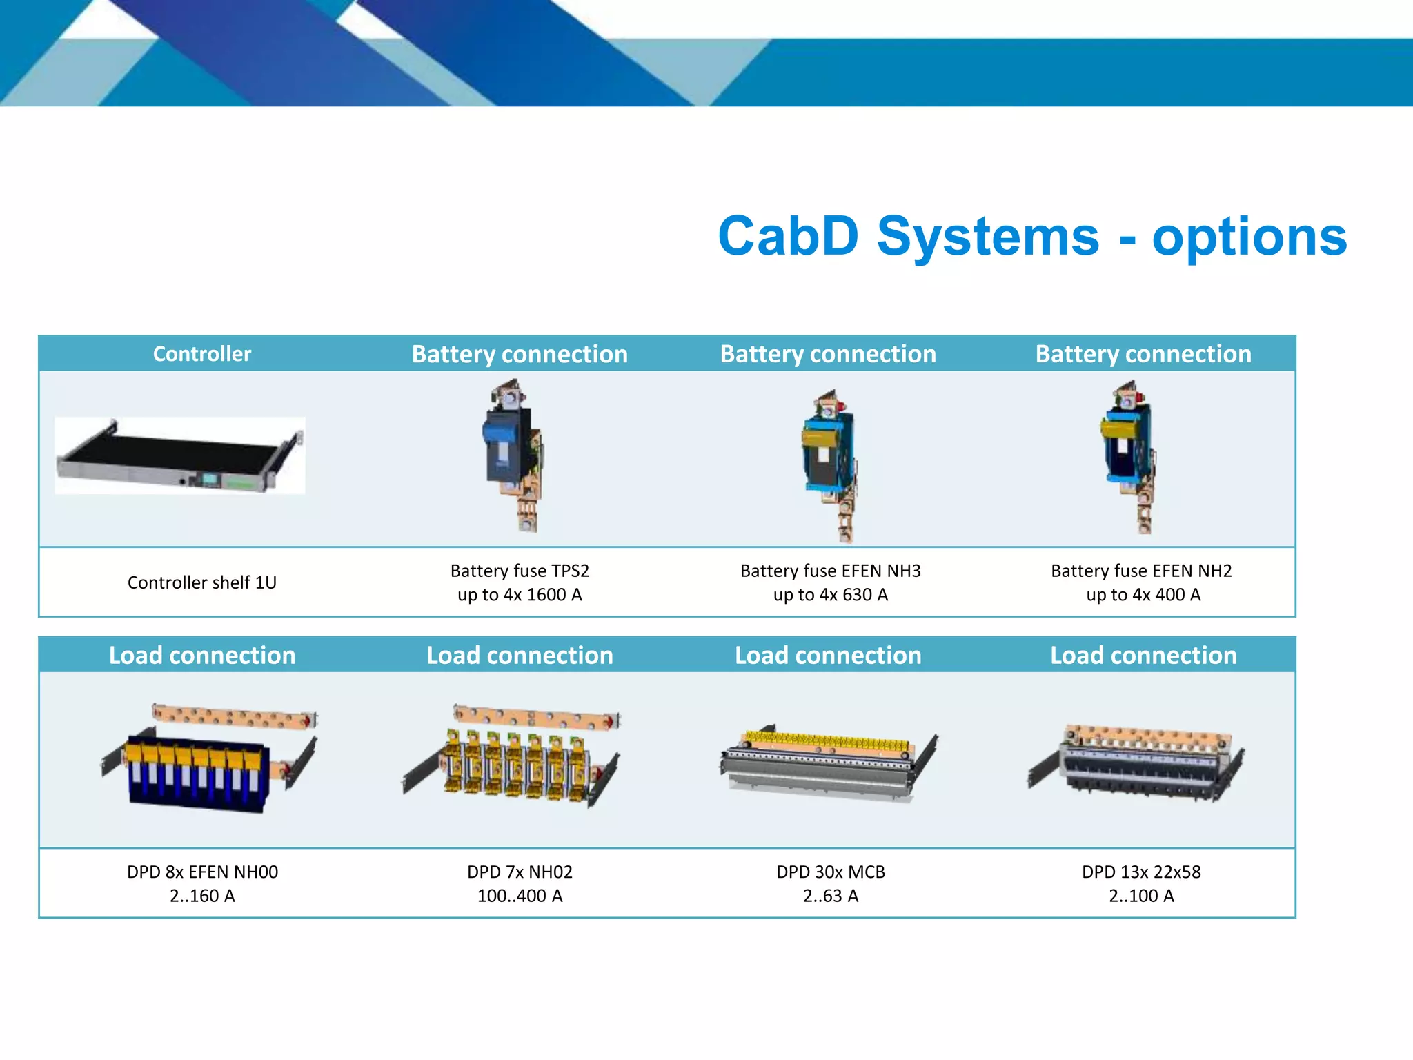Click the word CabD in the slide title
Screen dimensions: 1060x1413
788,236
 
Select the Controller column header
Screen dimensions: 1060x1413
201,354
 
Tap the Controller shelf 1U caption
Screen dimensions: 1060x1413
201,582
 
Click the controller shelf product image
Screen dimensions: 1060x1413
179,455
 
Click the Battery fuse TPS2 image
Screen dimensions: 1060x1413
514,455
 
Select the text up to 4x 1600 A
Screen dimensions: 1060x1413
520,595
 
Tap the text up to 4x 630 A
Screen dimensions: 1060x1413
830,595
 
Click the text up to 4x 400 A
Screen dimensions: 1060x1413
1143,595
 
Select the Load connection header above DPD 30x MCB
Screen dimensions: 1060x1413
828,655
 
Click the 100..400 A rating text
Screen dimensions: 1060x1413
520,896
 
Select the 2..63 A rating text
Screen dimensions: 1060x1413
830,896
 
